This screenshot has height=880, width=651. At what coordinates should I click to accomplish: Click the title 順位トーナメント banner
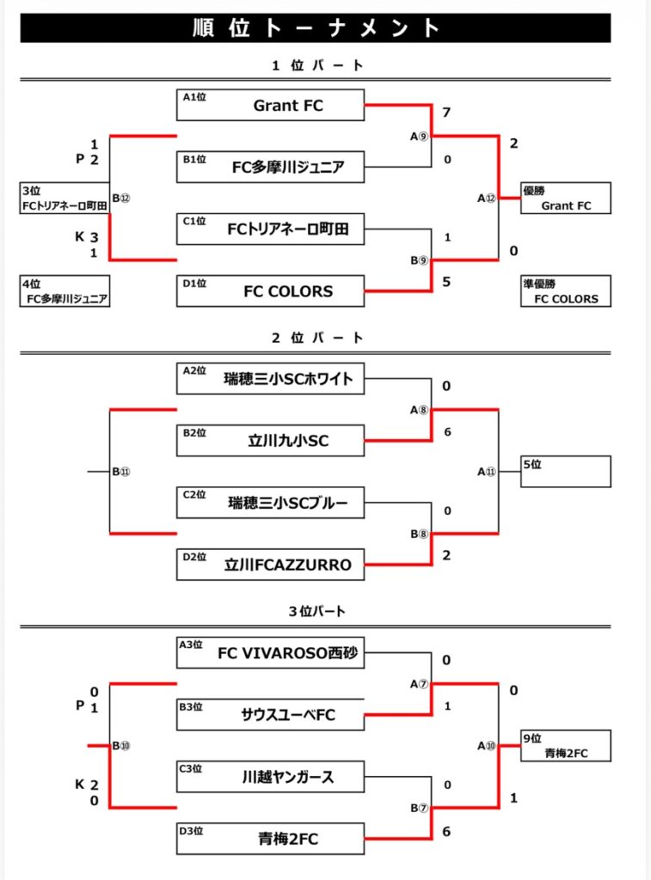[x=315, y=27]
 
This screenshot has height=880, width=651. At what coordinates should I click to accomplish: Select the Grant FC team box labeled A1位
[x=271, y=106]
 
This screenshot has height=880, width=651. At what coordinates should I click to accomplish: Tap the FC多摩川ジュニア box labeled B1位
[x=271, y=168]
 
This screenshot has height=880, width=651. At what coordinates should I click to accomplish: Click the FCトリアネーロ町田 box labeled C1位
[x=271, y=229]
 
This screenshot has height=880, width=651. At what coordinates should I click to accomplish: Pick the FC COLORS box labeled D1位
[x=271, y=291]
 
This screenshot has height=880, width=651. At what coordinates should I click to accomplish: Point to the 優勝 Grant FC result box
[x=565, y=198]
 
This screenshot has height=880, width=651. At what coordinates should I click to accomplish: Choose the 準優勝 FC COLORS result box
[x=565, y=291]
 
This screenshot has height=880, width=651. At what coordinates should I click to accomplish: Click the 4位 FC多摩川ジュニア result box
[x=65, y=291]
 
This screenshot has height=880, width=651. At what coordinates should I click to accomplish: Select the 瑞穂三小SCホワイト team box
[x=271, y=379]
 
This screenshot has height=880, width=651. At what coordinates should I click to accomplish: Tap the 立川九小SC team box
[x=271, y=441]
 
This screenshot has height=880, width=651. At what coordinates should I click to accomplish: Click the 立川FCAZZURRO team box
[x=271, y=565]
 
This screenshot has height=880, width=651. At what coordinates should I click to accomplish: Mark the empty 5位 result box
[x=565, y=472]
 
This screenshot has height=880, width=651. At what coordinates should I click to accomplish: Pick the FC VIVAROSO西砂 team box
[x=271, y=653]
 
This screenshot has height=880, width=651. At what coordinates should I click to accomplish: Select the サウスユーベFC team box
[x=271, y=715]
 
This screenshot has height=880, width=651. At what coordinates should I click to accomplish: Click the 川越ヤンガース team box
[x=271, y=777]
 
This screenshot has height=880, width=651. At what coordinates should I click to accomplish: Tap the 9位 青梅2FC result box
[x=565, y=746]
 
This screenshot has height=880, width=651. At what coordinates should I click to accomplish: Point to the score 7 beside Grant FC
[x=446, y=113]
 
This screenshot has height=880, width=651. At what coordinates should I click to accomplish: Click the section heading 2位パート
[x=317, y=339]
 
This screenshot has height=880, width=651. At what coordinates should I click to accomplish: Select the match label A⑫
[x=487, y=199]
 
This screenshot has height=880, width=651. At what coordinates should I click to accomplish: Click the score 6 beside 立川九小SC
[x=447, y=432]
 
